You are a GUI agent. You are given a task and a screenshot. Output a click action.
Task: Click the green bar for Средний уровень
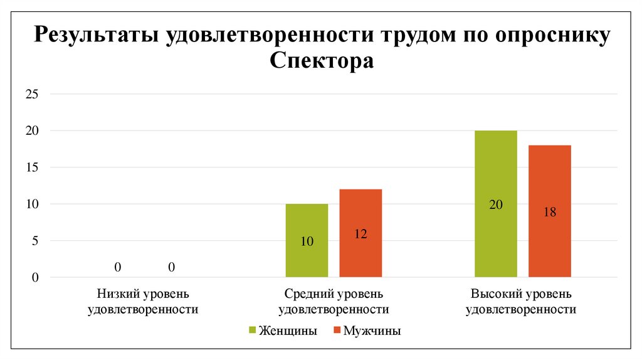pyautogui.click(x=307, y=251)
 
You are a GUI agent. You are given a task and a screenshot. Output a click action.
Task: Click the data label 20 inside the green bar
pyautogui.click(x=496, y=204)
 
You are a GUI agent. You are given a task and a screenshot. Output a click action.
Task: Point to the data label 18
pyautogui.click(x=550, y=212)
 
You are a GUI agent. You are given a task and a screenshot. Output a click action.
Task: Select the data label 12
pyautogui.click(x=360, y=234)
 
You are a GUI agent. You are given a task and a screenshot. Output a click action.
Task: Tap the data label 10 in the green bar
pyautogui.click(x=307, y=241)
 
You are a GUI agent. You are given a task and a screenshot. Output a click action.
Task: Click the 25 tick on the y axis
pyautogui.click(x=32, y=95)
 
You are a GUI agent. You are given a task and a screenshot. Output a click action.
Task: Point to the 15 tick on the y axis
pyautogui.click(x=32, y=167)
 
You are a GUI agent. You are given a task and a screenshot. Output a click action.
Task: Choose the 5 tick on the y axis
pyautogui.click(x=35, y=241)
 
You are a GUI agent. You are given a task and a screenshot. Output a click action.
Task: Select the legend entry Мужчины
pyautogui.click(x=372, y=331)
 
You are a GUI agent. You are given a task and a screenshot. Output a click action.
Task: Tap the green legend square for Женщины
pyautogui.click(x=253, y=331)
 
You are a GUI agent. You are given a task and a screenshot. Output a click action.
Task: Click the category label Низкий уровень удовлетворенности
pyautogui.click(x=144, y=301)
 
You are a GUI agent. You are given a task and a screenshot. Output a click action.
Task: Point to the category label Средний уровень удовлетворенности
pyautogui.click(x=333, y=301)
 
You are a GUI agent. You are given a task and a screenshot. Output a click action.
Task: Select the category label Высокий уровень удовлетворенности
pyautogui.click(x=522, y=301)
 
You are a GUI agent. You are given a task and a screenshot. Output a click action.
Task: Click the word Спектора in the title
pyautogui.click(x=321, y=61)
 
